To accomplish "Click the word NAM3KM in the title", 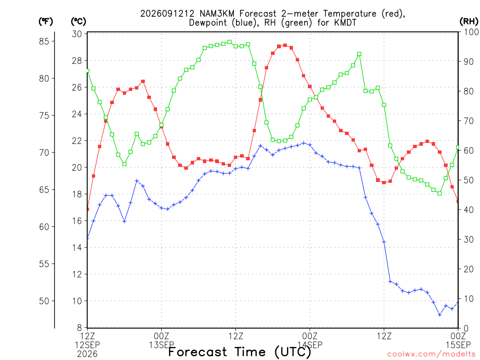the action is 217,14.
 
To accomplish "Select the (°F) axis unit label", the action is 45,22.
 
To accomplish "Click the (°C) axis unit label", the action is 78,22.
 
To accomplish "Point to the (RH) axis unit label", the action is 469,22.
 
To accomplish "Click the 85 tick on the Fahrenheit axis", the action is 44,41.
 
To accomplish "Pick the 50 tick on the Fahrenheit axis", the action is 44,301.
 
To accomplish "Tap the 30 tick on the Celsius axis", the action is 77,34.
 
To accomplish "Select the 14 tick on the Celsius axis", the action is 77,247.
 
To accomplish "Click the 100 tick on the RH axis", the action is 471,32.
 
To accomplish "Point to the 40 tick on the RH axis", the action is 468,210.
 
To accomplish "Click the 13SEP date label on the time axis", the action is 162,345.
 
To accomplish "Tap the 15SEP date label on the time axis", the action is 458,345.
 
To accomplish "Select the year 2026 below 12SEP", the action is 87,354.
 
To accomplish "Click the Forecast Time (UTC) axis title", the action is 240,352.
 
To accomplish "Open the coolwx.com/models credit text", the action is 432,354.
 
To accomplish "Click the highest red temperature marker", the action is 285,45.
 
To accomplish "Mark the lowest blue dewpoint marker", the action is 440,315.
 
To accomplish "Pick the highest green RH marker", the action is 230,42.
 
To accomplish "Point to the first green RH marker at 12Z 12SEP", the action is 88,71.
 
